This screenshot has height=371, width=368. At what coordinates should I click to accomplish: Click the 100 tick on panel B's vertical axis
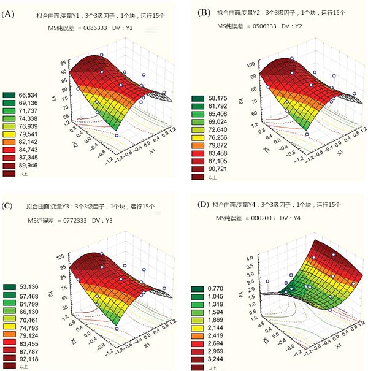pos(249,64)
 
